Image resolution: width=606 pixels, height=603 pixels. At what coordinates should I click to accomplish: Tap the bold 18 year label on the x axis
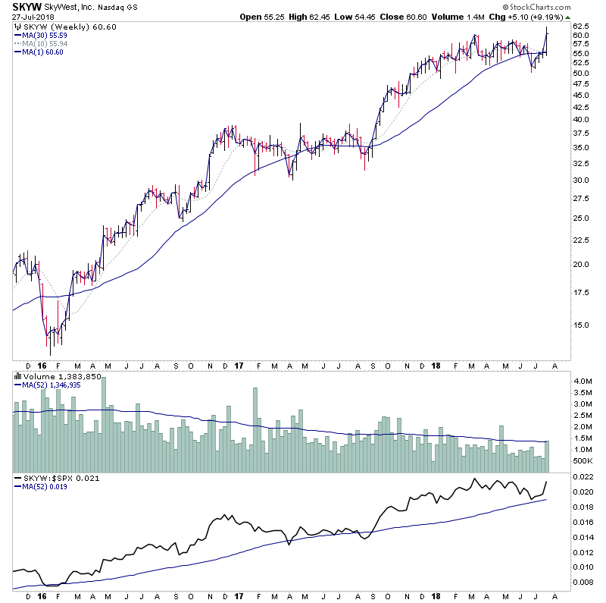(434, 366)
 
